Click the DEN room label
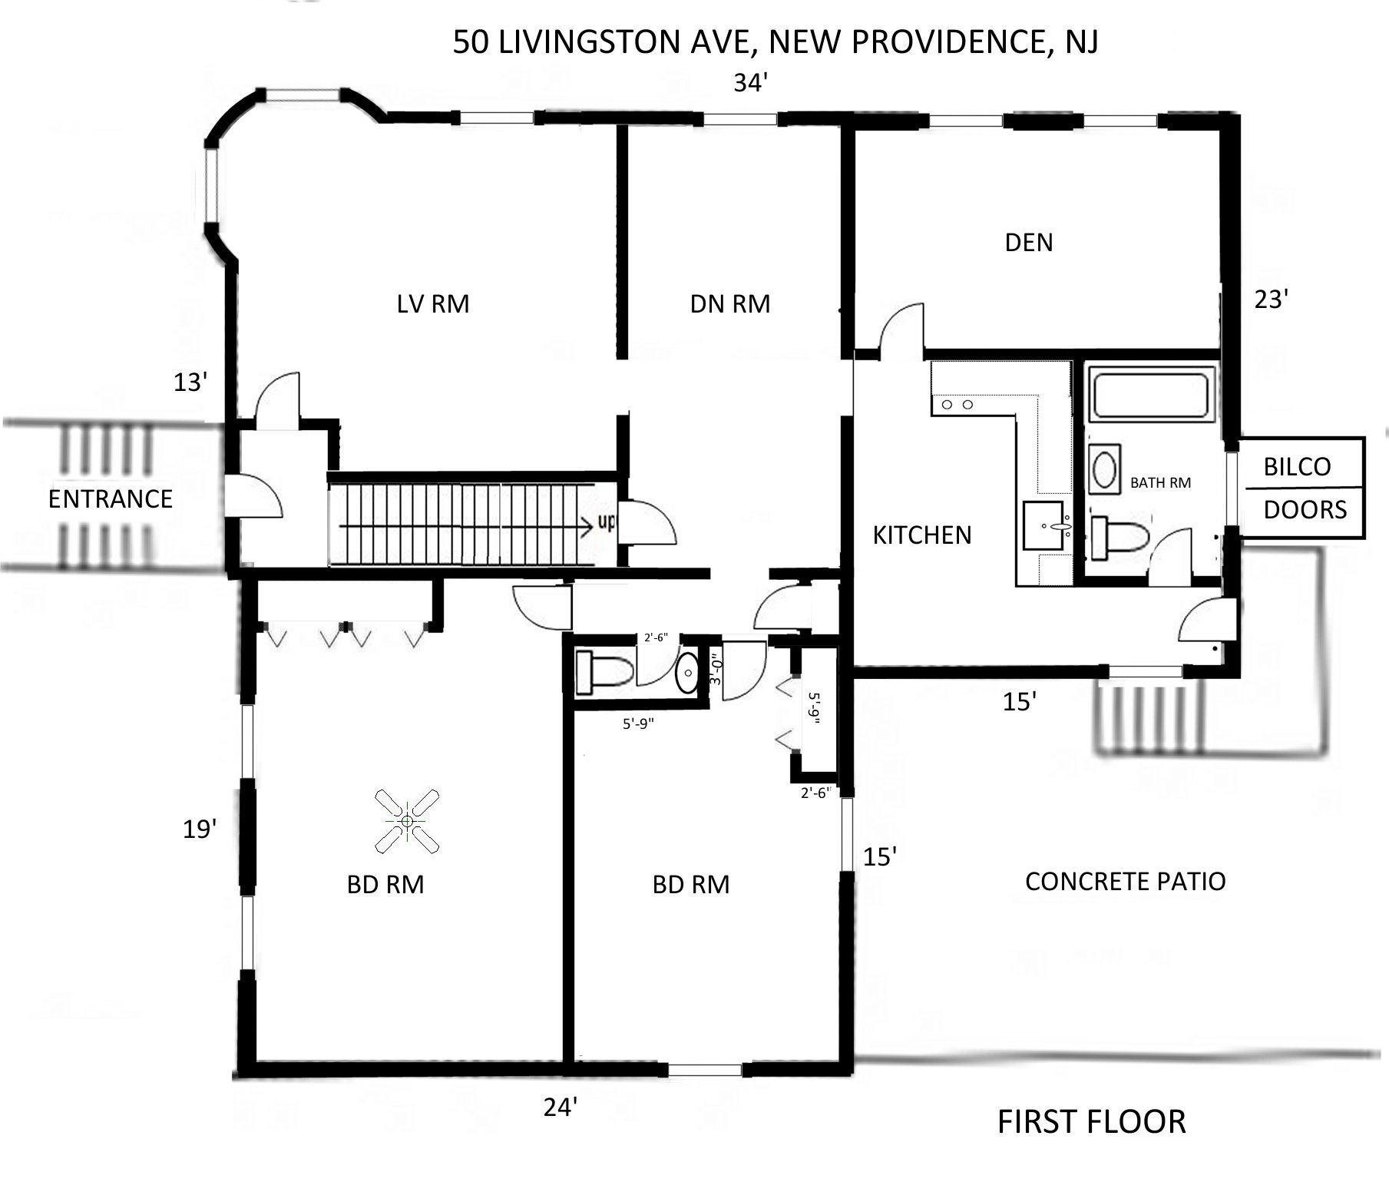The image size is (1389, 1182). [1029, 243]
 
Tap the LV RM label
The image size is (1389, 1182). [433, 304]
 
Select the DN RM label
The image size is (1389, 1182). [729, 304]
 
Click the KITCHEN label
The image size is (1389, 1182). [921, 535]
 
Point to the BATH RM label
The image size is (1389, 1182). [1160, 483]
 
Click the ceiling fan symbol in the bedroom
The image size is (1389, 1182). [407, 821]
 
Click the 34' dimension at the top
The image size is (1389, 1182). [751, 83]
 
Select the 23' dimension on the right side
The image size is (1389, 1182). [1270, 300]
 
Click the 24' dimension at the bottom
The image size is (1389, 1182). [560, 1108]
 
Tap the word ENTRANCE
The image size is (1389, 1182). [110, 499]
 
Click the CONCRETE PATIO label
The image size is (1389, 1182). [1125, 881]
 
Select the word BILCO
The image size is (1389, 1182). [1297, 466]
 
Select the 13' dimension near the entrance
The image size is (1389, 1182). [190, 382]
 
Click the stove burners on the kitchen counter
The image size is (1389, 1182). [957, 404]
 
